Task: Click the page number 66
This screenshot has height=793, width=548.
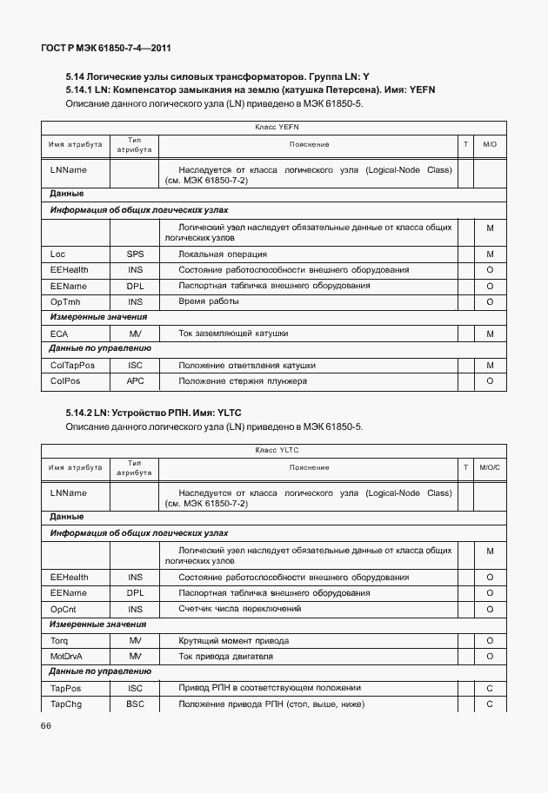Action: tap(46, 726)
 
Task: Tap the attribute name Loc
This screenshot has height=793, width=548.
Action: tap(58, 254)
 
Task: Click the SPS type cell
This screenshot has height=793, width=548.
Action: tap(135, 254)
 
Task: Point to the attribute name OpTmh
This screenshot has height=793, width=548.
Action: tap(65, 301)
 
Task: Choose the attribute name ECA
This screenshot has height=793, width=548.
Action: tap(59, 334)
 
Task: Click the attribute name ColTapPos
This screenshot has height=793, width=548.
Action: tap(72, 366)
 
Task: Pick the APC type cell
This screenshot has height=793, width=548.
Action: tap(135, 381)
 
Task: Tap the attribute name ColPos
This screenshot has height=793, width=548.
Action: tap(66, 381)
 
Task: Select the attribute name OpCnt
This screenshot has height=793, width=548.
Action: tap(65, 609)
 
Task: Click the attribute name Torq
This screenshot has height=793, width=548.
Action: tap(59, 640)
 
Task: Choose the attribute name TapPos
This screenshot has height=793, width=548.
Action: tap(65, 688)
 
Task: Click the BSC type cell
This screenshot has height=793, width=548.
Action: tap(135, 704)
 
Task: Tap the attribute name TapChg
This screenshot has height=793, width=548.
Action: tap(66, 704)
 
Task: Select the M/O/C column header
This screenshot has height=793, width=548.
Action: tap(490, 467)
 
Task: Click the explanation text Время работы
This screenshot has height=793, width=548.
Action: tap(208, 301)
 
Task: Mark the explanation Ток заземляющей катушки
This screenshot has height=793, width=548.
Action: tap(233, 334)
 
